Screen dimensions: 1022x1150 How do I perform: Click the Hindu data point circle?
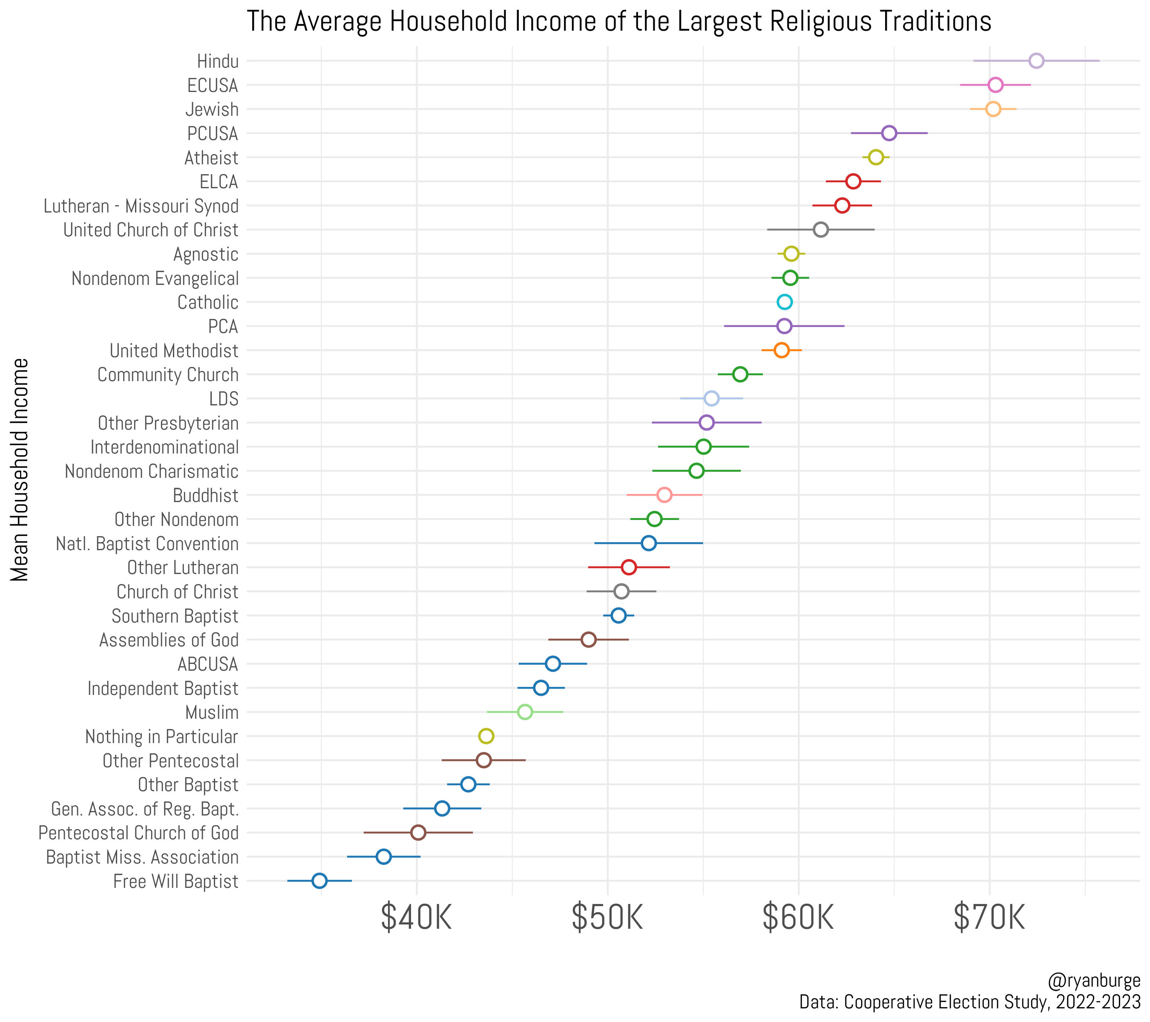pos(1036,61)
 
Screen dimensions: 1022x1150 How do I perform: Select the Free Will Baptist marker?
pos(319,881)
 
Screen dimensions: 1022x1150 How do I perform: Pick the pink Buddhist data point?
pos(664,495)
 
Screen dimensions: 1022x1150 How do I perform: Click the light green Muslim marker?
pos(524,712)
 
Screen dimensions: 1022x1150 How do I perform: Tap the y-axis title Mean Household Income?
pos(20,470)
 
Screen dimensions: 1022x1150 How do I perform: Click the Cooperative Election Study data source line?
pos(969,1002)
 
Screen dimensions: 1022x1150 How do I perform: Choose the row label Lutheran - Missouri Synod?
pos(141,206)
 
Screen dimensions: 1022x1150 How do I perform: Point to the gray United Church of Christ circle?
pos(820,230)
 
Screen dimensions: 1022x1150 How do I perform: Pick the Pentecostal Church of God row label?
pos(138,833)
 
